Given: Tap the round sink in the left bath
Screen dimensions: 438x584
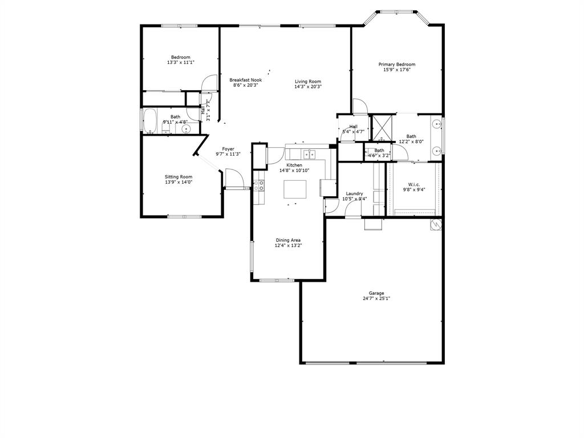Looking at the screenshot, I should click(x=186, y=129).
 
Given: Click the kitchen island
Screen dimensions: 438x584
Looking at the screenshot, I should click(x=295, y=188).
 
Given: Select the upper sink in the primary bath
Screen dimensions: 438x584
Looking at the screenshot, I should click(x=436, y=123).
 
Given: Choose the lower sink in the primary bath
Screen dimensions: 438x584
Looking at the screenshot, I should click(x=436, y=151).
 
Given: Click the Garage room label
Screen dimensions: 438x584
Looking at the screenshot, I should click(x=376, y=293).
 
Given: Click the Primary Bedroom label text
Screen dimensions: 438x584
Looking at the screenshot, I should click(x=397, y=64).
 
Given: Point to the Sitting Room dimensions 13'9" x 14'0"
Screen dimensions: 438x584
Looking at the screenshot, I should click(x=179, y=182).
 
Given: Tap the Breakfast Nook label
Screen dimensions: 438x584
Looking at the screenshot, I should click(x=246, y=80).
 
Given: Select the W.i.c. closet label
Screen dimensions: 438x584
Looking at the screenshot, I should click(x=414, y=184).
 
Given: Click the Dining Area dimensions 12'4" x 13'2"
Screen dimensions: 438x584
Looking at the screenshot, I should click(x=288, y=245).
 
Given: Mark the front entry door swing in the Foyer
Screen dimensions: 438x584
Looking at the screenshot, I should click(x=234, y=179).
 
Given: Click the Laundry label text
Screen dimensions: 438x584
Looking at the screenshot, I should click(x=354, y=193).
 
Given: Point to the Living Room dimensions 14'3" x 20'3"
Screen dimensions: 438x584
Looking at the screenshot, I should click(x=308, y=87).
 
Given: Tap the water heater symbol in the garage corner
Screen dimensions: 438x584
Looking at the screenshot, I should click(x=436, y=224).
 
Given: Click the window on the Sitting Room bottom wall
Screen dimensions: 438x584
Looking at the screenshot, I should click(x=184, y=217).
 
